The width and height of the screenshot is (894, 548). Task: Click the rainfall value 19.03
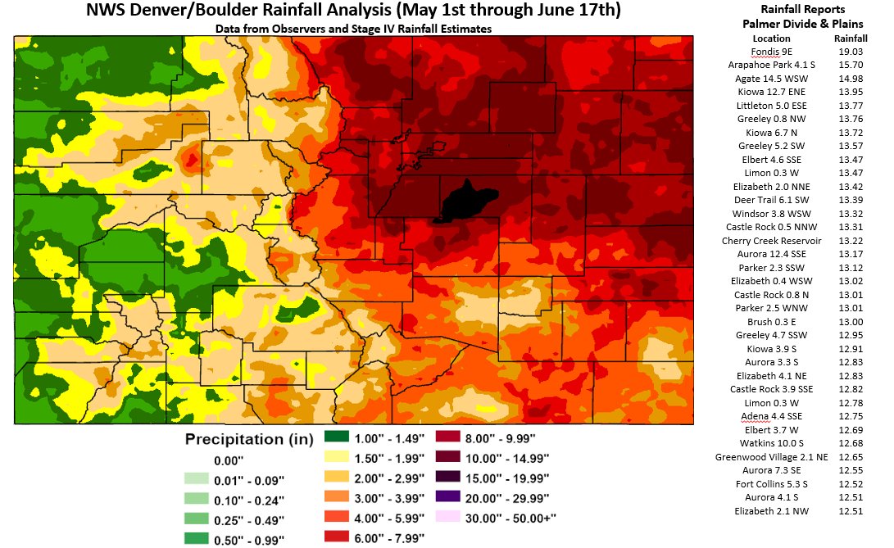[x=850, y=52]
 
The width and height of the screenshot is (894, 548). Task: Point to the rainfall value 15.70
[x=850, y=65]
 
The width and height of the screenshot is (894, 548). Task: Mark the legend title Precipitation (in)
[x=249, y=438]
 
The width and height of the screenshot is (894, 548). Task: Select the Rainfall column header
[x=850, y=38]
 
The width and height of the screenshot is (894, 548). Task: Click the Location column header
[x=771, y=38]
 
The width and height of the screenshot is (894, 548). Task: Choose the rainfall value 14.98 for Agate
[x=850, y=79]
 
